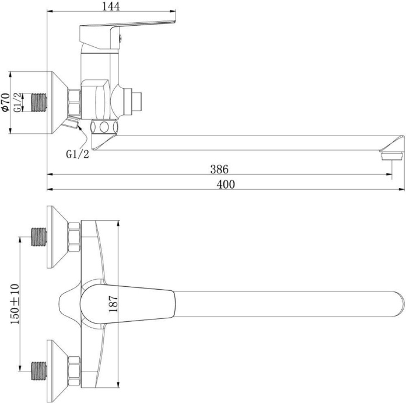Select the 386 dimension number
(219, 169)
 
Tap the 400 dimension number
(226, 185)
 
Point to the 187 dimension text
(114, 302)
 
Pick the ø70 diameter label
(5, 102)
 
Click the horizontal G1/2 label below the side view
(77, 154)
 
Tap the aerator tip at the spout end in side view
(391, 155)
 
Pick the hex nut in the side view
(75, 102)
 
